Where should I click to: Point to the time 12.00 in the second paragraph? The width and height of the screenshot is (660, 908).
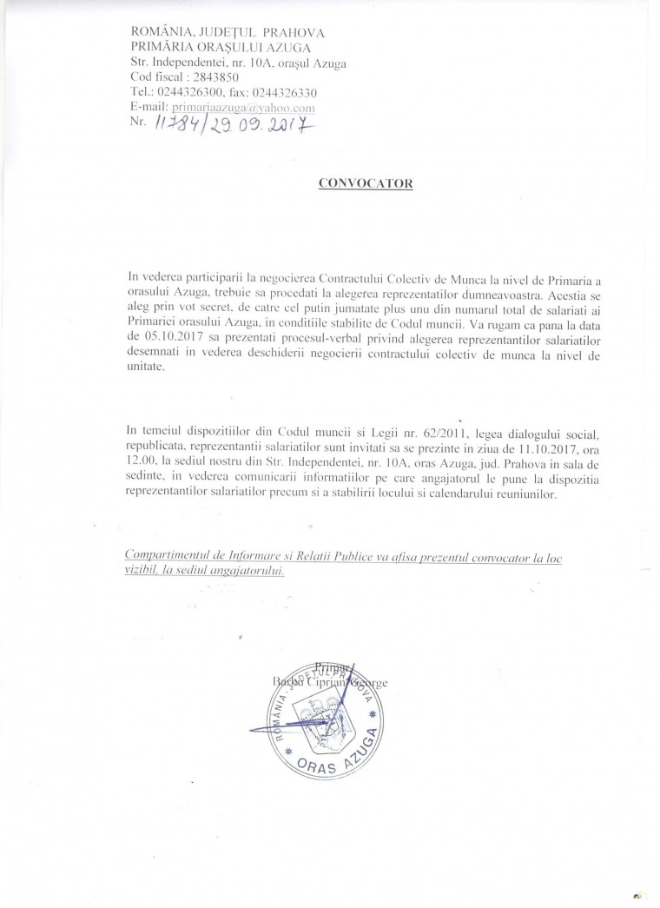click(139, 462)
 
